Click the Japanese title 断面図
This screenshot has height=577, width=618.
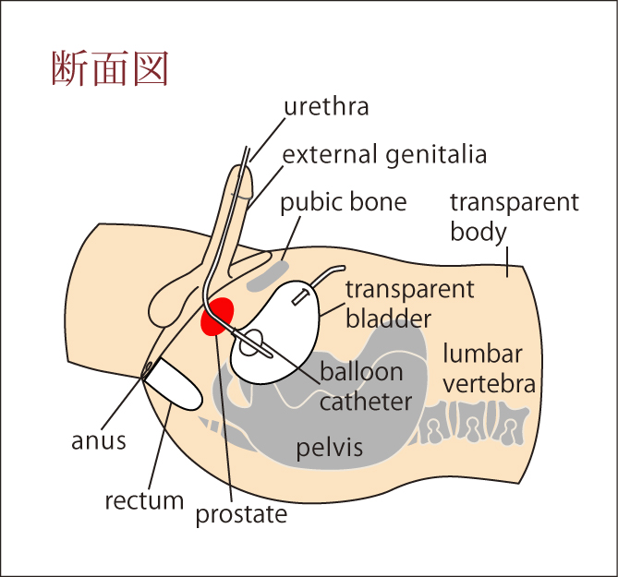(x=109, y=69)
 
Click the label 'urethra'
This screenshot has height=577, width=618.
(x=326, y=107)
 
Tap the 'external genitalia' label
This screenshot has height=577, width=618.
(x=384, y=154)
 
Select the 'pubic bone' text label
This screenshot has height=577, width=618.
(x=344, y=202)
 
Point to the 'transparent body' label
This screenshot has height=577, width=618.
(x=514, y=216)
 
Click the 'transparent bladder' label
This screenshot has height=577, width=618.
(x=408, y=304)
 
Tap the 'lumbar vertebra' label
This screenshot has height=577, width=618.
(x=488, y=368)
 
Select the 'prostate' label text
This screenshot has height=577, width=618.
(x=242, y=514)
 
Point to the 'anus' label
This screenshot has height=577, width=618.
(x=99, y=440)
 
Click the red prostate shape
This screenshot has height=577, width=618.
(x=219, y=316)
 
